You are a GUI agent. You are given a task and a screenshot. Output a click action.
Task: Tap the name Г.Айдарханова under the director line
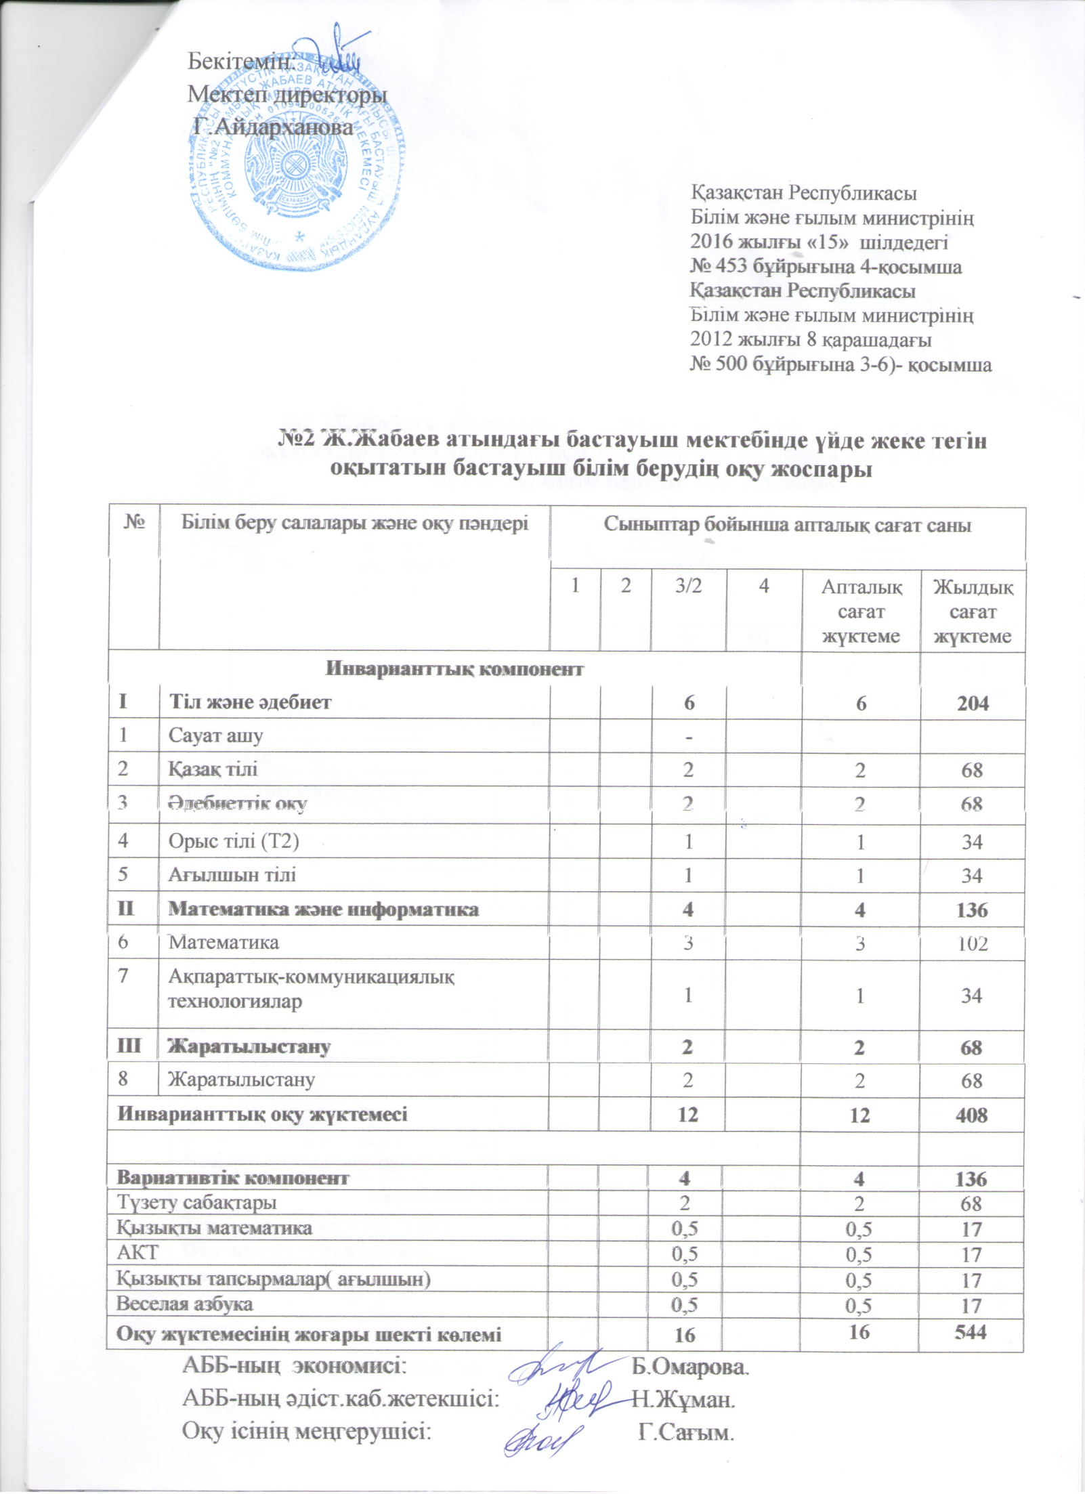tap(272, 126)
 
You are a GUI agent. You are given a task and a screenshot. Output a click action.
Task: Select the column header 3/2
tap(687, 586)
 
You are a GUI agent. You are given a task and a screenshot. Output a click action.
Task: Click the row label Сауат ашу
tap(215, 735)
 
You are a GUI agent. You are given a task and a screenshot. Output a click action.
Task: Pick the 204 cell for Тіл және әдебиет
tap(971, 703)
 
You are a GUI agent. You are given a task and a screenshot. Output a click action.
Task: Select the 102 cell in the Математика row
tap(971, 943)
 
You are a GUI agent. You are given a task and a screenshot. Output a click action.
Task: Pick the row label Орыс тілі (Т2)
tap(234, 841)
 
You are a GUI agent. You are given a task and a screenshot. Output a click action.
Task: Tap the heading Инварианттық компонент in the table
tap(455, 669)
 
